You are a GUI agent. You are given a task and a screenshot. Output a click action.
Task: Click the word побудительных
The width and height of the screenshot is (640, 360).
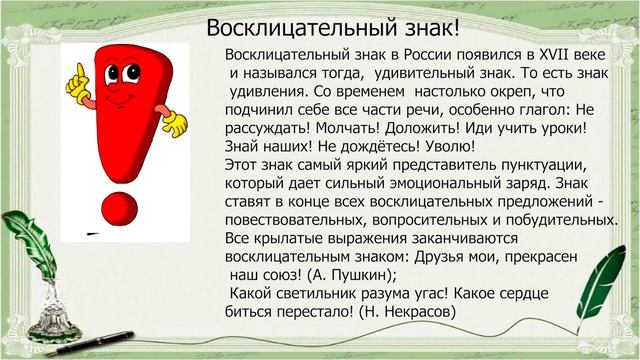click(561, 220)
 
